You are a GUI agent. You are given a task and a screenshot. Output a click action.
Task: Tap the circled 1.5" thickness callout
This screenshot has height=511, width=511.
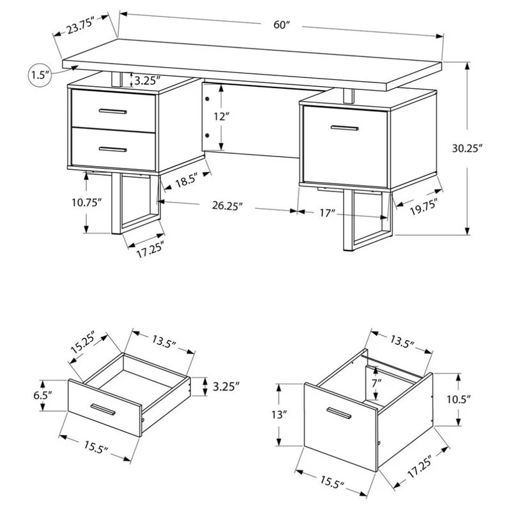coord(40,75)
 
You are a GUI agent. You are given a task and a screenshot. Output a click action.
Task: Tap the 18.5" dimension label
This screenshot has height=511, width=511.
coord(187,180)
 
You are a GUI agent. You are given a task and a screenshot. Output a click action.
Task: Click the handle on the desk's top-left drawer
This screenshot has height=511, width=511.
coord(113,112)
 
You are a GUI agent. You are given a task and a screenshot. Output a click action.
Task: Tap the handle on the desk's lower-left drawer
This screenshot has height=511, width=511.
coord(113,149)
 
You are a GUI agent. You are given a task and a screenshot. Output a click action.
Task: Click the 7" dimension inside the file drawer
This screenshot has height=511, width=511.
coord(378,383)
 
